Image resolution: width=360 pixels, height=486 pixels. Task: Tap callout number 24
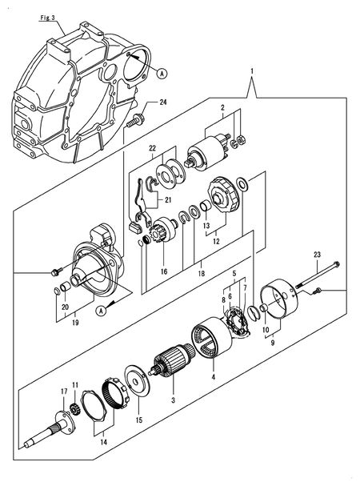click(x=163, y=102)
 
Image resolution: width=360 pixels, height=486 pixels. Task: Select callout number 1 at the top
click(x=254, y=70)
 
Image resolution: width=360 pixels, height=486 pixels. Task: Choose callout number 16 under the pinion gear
click(x=163, y=272)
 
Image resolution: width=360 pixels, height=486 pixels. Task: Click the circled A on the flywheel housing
click(x=162, y=73)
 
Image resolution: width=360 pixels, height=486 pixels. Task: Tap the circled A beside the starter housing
click(x=101, y=311)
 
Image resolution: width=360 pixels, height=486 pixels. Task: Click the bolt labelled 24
click(x=136, y=121)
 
